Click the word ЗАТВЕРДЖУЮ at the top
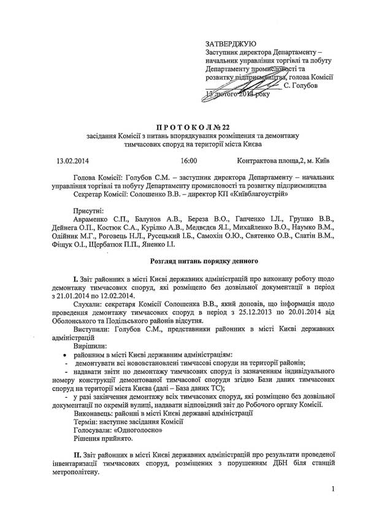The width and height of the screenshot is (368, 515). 231,44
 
